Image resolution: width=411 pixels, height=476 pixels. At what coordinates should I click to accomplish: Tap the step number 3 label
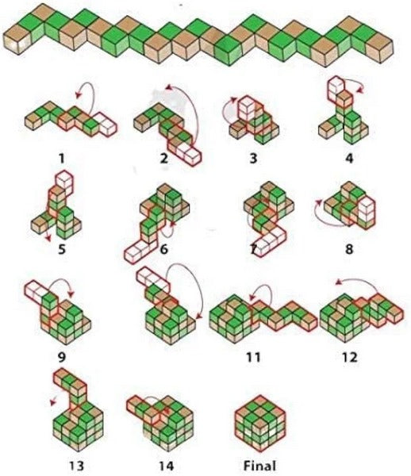click(253, 159)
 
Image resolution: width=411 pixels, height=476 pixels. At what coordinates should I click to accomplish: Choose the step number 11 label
click(253, 357)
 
